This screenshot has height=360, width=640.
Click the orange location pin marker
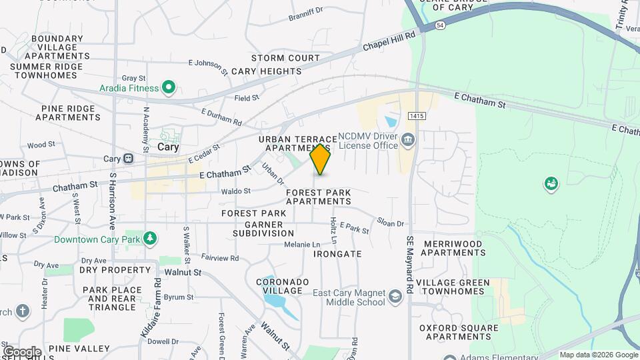click(x=321, y=159)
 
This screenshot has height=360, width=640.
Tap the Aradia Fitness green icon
click(x=169, y=87)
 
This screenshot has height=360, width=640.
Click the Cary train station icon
click(x=127, y=159)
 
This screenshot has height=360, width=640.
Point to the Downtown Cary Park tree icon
click(x=151, y=239)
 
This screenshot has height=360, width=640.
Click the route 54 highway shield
click(x=440, y=25)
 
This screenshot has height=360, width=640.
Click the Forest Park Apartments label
click(x=318, y=197)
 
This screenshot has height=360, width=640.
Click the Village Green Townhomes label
click(x=453, y=287)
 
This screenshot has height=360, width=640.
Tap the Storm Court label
click(x=285, y=58)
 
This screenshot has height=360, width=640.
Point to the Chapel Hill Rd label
click(x=389, y=41)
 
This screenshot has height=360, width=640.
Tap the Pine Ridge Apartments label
click(x=71, y=113)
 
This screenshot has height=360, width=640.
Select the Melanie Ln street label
click(x=302, y=245)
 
